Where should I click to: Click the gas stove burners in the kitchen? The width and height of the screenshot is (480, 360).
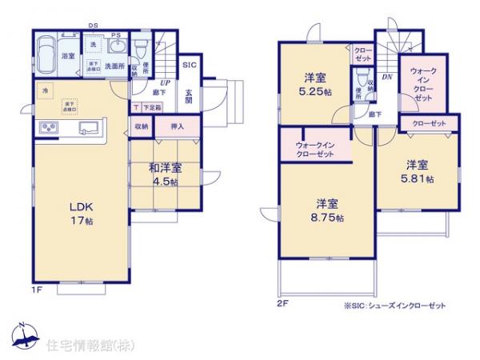click(47, 127)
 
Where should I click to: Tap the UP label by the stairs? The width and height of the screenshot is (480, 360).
click(165, 82)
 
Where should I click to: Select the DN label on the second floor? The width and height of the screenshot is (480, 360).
click(386, 77)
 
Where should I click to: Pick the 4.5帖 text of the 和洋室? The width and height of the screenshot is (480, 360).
click(165, 182)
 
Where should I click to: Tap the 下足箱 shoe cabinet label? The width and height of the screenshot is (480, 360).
click(151, 107)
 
